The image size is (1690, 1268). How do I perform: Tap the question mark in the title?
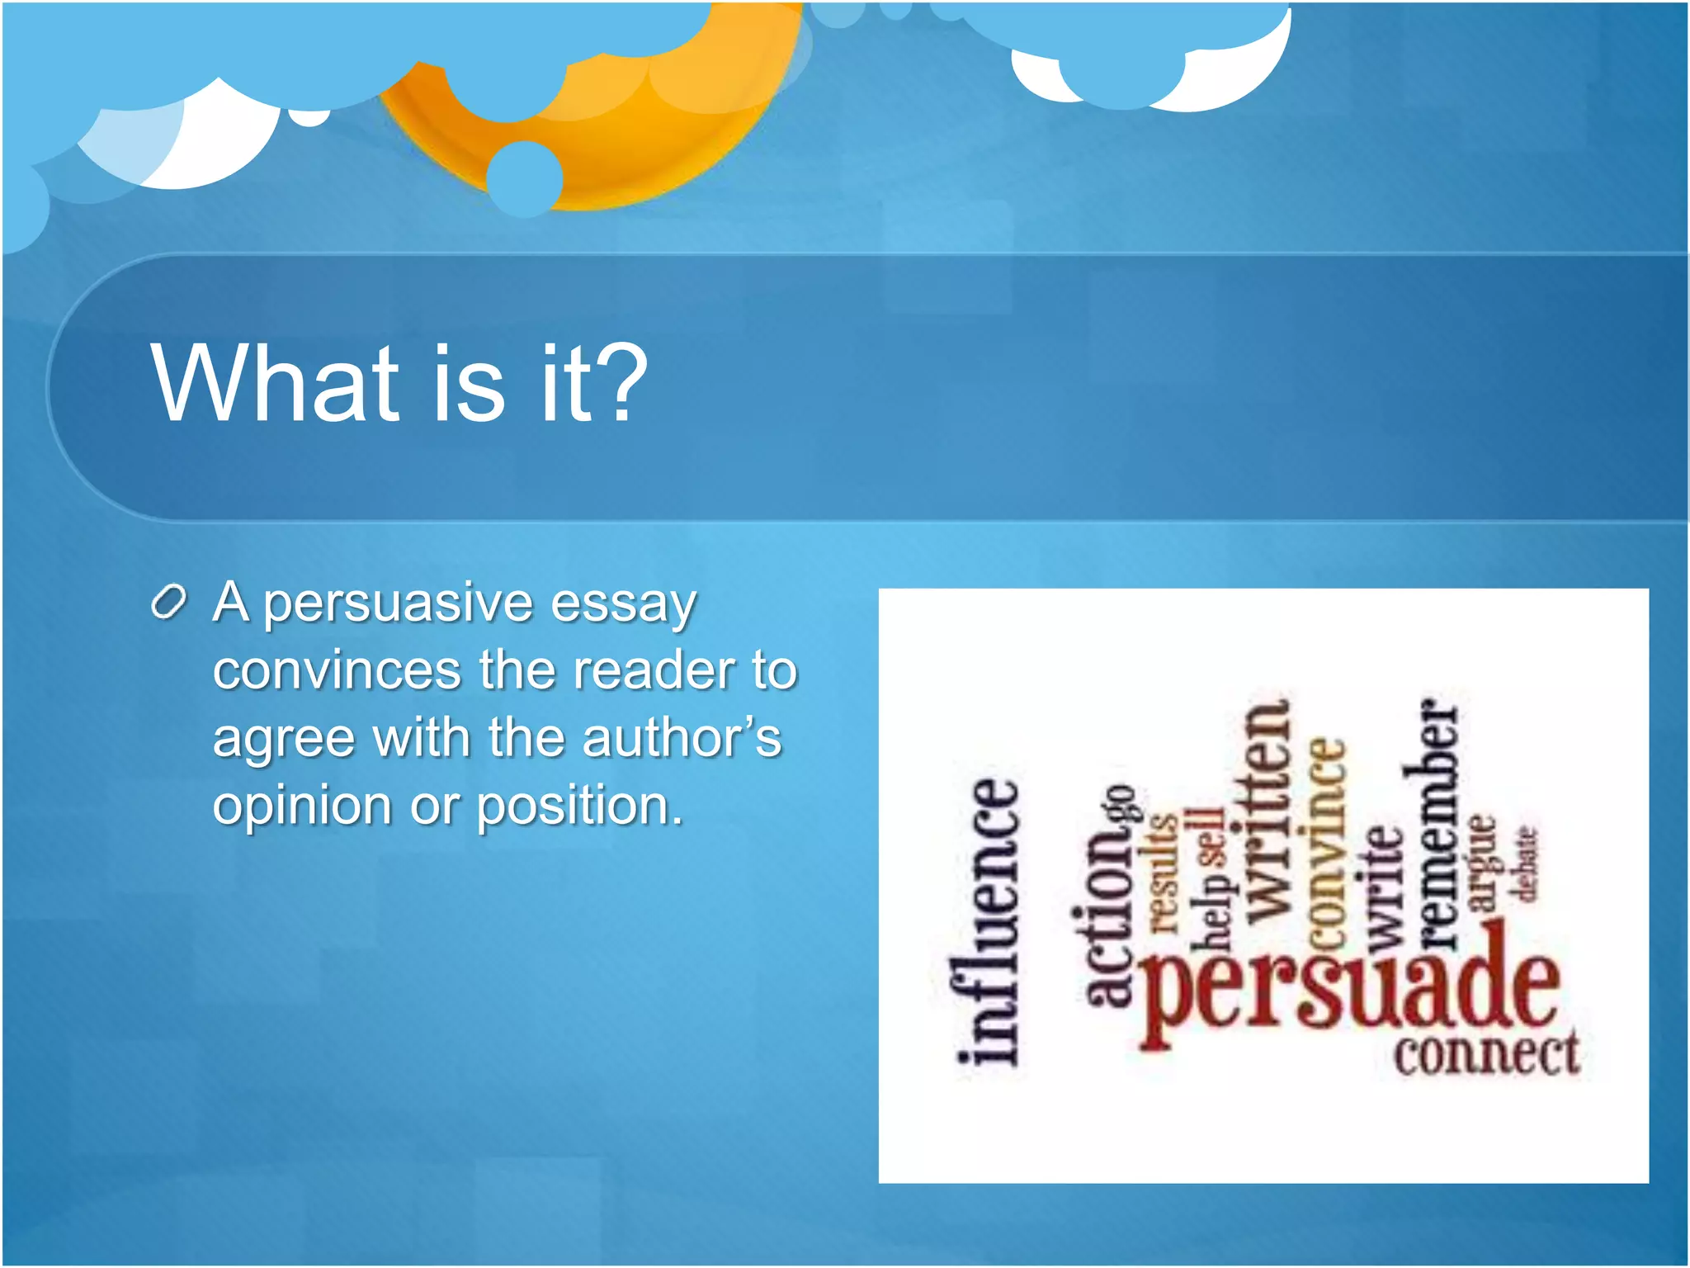click(x=619, y=383)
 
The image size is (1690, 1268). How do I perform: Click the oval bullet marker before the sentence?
click(x=169, y=603)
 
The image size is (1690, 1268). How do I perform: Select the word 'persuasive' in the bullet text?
click(x=397, y=604)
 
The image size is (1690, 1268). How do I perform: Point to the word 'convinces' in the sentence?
click(x=336, y=670)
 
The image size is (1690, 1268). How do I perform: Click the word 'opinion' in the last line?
click(x=301, y=807)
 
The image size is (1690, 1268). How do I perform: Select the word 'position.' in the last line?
click(x=580, y=807)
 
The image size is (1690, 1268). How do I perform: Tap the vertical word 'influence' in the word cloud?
click(x=988, y=920)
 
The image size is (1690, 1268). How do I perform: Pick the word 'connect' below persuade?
click(x=1486, y=1054)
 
